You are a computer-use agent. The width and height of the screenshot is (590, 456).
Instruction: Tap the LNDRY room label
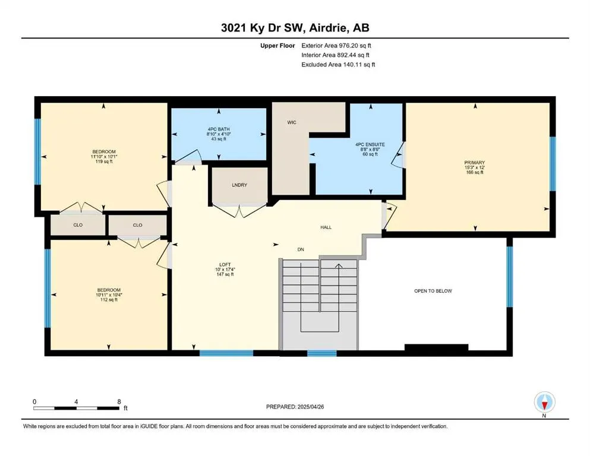239,185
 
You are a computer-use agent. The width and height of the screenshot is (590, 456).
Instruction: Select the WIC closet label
292,122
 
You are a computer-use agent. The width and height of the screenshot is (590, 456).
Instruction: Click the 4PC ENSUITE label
370,144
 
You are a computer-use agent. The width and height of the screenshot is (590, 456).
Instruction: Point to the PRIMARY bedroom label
475,163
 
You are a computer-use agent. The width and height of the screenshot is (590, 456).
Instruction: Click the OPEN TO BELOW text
433,291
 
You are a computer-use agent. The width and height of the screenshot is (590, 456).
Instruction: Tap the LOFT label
225,265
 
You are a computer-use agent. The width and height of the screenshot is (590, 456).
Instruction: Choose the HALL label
326,227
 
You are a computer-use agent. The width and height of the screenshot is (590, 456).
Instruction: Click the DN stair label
301,249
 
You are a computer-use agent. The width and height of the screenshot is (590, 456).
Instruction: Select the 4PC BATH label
219,129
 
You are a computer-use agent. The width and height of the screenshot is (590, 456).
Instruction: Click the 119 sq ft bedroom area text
104,161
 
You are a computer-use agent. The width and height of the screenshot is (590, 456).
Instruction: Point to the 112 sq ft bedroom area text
109,300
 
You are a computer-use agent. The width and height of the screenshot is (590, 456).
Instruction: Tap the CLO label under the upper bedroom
78,225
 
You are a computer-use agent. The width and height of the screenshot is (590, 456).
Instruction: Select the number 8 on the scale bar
119,401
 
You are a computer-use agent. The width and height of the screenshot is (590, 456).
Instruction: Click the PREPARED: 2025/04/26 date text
295,407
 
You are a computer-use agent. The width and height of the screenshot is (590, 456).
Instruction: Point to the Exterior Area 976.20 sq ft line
336,46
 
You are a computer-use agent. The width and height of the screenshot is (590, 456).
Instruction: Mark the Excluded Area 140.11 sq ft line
338,64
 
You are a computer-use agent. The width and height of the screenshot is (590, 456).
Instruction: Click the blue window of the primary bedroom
553,163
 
